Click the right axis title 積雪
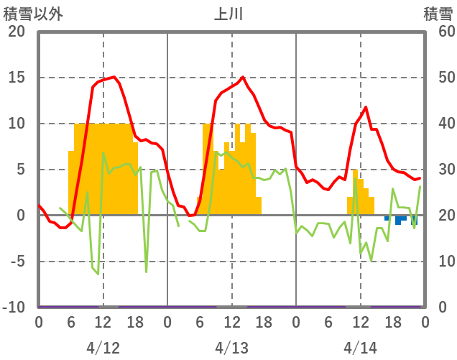(437, 14)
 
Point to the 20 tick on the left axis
(16, 32)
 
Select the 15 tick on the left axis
(16, 78)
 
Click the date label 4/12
(103, 348)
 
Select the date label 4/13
(231, 348)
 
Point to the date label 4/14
(360, 348)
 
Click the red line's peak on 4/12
(114, 77)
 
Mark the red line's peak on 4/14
(366, 107)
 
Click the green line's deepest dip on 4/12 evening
(147, 272)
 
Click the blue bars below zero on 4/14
(399, 219)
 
